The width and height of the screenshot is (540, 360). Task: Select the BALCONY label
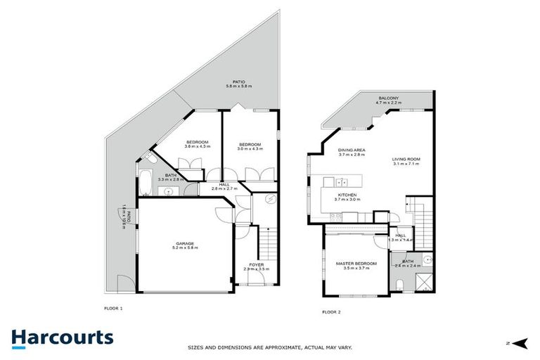pos(389,98)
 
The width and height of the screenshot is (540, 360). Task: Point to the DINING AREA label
pos(351,150)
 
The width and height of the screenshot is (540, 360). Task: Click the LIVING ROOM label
pos(406,159)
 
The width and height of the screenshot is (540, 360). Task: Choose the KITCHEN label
pos(348,195)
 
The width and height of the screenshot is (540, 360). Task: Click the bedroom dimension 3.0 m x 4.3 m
pos(250,148)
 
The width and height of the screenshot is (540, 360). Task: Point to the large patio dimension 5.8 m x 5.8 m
pos(239,86)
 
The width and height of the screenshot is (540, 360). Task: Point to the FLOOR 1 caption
pos(112,308)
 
